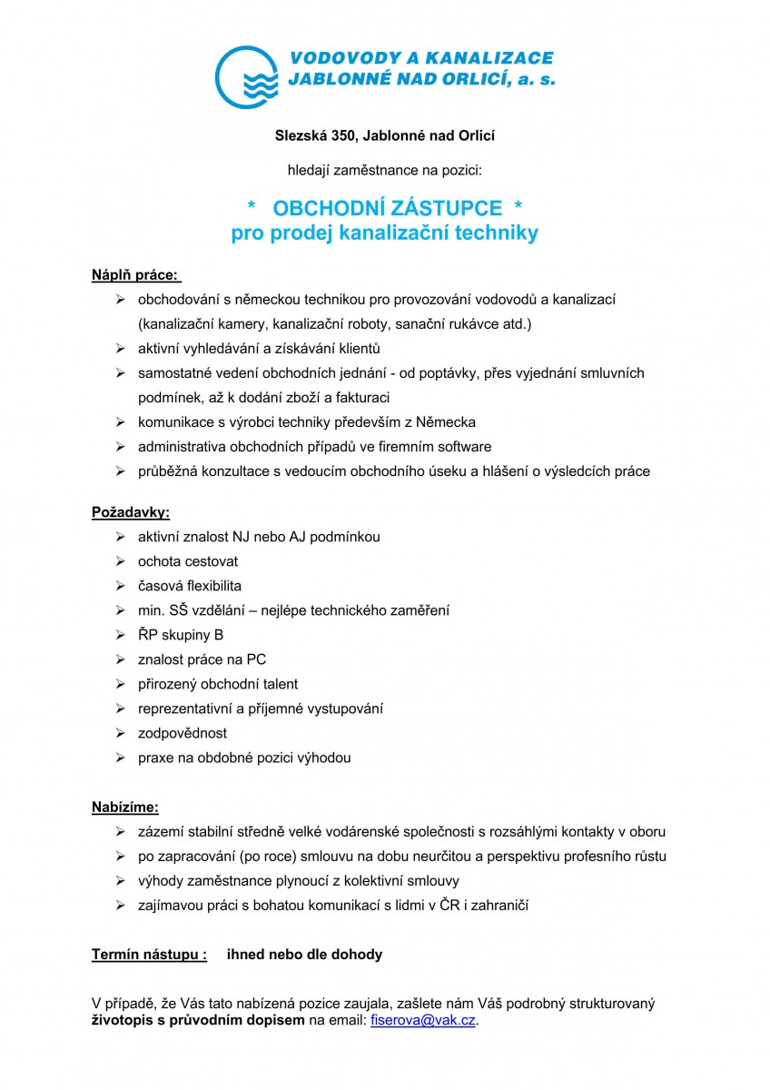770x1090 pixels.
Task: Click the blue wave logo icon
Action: [248, 76]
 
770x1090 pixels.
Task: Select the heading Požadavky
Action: [131, 512]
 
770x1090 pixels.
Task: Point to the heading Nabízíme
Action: [125, 807]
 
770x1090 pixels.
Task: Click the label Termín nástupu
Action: [149, 955]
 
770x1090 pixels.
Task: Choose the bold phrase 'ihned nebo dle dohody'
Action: [304, 955]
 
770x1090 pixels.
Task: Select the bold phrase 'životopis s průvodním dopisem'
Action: [199, 1020]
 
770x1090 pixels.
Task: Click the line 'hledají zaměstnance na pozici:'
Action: [384, 170]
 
